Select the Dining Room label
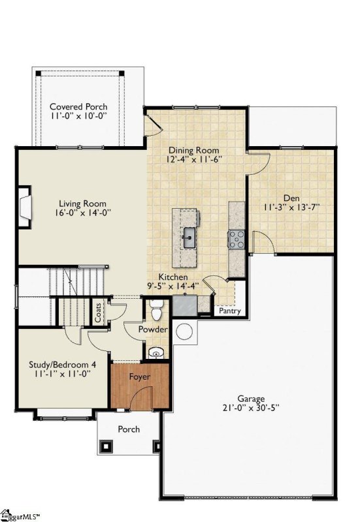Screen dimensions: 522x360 coord(194,149)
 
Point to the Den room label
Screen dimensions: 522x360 coord(291,198)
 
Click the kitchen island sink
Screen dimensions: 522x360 coord(189,236)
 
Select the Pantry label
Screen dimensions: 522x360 coord(230,311)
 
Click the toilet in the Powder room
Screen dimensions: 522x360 coord(156,307)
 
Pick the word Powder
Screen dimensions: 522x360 coord(153,330)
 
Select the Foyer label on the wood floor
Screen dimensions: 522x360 coord(139,377)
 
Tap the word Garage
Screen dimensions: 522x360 coord(251,399)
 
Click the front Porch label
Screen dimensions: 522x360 coord(128,429)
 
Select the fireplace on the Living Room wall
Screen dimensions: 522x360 coord(24,207)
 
